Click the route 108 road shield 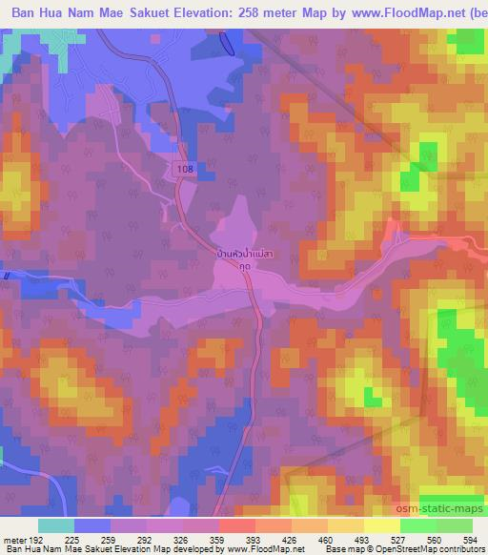point(186,168)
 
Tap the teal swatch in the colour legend point(55,525)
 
